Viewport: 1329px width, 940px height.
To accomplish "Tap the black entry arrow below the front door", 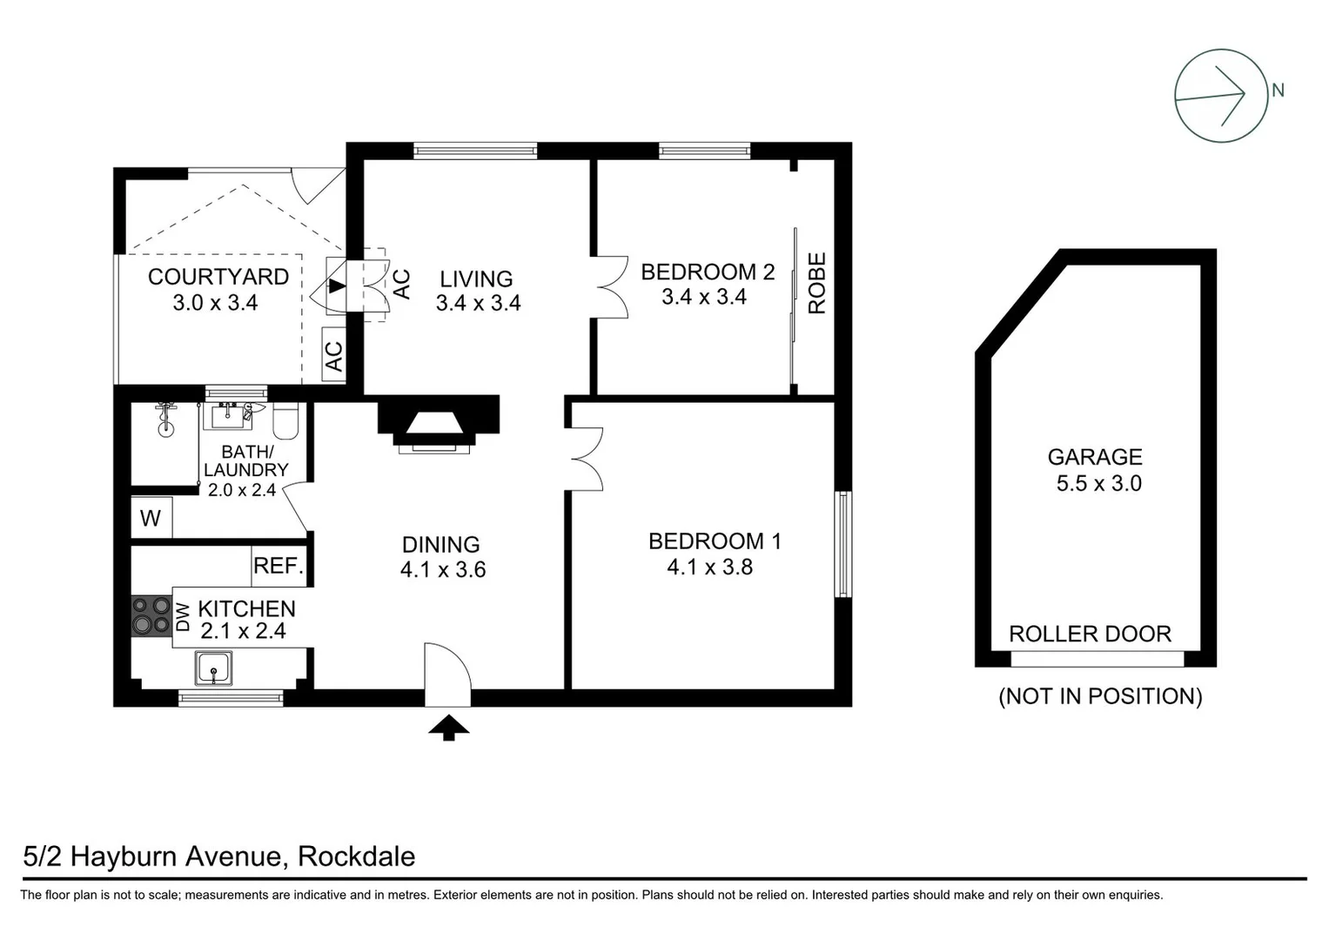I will coord(448,728).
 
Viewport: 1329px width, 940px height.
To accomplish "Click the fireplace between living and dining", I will coord(437,423).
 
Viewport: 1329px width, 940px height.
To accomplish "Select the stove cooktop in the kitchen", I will coord(151,615).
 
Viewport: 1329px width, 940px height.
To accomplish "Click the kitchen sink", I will coord(212,669).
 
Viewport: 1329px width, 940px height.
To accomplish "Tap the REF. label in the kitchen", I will coord(279,566).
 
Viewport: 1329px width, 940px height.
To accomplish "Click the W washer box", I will coord(151,519).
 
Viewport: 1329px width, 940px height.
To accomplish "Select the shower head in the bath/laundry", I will coord(165,417).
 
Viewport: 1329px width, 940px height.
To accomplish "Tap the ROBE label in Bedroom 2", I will coord(816,283).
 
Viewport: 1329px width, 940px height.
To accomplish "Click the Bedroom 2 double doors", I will coord(612,286).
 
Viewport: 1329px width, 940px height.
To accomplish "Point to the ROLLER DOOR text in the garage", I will coord(1090,634).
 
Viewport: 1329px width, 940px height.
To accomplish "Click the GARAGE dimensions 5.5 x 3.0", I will coord(1098,484).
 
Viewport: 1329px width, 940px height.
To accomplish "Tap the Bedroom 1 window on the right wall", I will coord(842,544).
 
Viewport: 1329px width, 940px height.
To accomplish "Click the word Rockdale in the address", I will coord(356,856).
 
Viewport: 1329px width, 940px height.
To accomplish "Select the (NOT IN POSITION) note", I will coord(1100,696).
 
